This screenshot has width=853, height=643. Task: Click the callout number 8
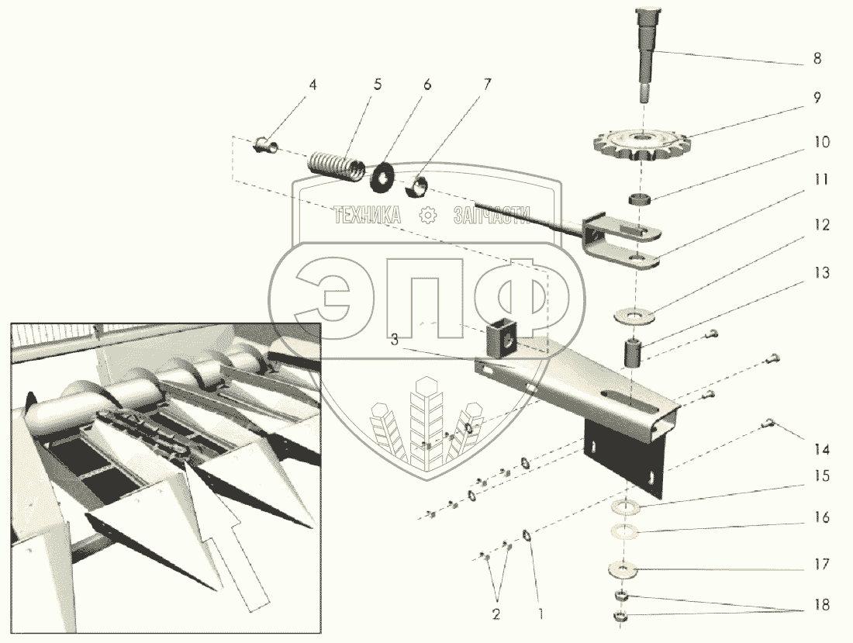[817, 58]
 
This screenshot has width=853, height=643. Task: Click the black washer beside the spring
[383, 176]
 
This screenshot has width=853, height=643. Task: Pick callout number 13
[821, 272]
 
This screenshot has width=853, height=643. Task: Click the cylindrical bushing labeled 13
[634, 352]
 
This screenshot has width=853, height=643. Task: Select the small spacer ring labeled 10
[640, 199]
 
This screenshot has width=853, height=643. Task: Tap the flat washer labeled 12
[634, 315]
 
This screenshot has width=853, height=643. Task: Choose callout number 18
[822, 604]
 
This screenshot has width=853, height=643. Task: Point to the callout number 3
[395, 340]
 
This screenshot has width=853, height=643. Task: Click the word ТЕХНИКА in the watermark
[368, 216]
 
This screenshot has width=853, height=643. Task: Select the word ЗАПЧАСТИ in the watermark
[492, 216]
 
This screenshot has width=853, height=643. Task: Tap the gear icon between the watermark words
[427, 216]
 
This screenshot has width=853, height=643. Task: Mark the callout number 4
[312, 85]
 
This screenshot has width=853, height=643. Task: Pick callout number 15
[821, 476]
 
